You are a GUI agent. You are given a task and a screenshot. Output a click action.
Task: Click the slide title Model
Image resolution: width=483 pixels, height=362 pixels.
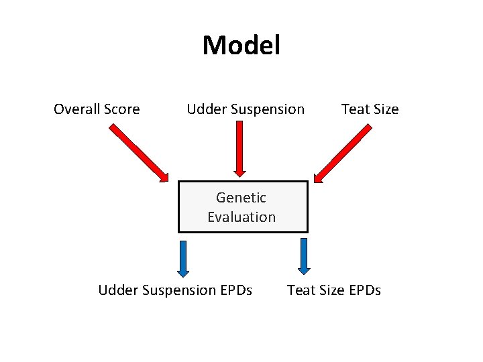(x=241, y=46)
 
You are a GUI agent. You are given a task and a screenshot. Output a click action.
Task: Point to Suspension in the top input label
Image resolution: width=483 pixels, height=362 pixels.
(x=267, y=109)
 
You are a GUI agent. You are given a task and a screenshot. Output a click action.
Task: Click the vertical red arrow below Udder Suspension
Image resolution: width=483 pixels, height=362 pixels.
(x=240, y=151)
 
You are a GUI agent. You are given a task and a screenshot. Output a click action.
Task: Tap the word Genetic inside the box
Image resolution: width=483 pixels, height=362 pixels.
(x=241, y=198)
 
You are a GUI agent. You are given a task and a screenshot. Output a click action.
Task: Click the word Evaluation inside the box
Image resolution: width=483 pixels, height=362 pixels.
(x=241, y=217)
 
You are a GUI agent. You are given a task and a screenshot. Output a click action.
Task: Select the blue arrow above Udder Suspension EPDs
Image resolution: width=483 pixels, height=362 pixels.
(x=182, y=258)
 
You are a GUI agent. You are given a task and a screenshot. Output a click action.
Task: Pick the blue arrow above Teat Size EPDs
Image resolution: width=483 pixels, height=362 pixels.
(x=304, y=256)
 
